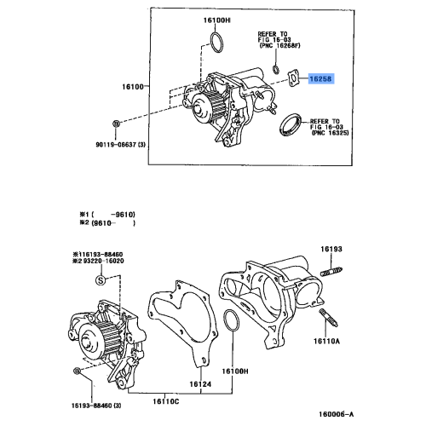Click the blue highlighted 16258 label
[321, 77]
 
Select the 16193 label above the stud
[331, 250]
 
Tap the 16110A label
[331, 339]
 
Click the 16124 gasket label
[199, 384]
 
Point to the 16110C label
[165, 400]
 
